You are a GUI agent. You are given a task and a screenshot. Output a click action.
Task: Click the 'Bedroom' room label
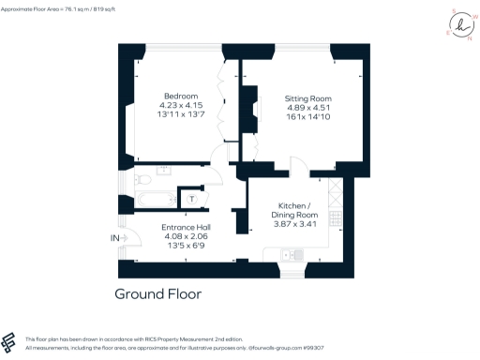click(x=181, y=96)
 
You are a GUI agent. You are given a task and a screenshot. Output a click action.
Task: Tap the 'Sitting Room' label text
click(x=308, y=97)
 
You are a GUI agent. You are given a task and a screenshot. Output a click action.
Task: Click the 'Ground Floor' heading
click(x=157, y=293)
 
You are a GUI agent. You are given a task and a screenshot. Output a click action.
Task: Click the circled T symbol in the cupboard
click(x=191, y=198)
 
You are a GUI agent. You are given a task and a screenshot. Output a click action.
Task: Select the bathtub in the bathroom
click(x=150, y=199)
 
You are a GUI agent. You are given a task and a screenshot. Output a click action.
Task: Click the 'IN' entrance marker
click(x=114, y=239)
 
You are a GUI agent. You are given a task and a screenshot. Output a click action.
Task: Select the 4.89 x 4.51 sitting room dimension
click(x=308, y=108)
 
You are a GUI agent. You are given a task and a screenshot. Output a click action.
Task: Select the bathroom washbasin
click(x=166, y=171)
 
